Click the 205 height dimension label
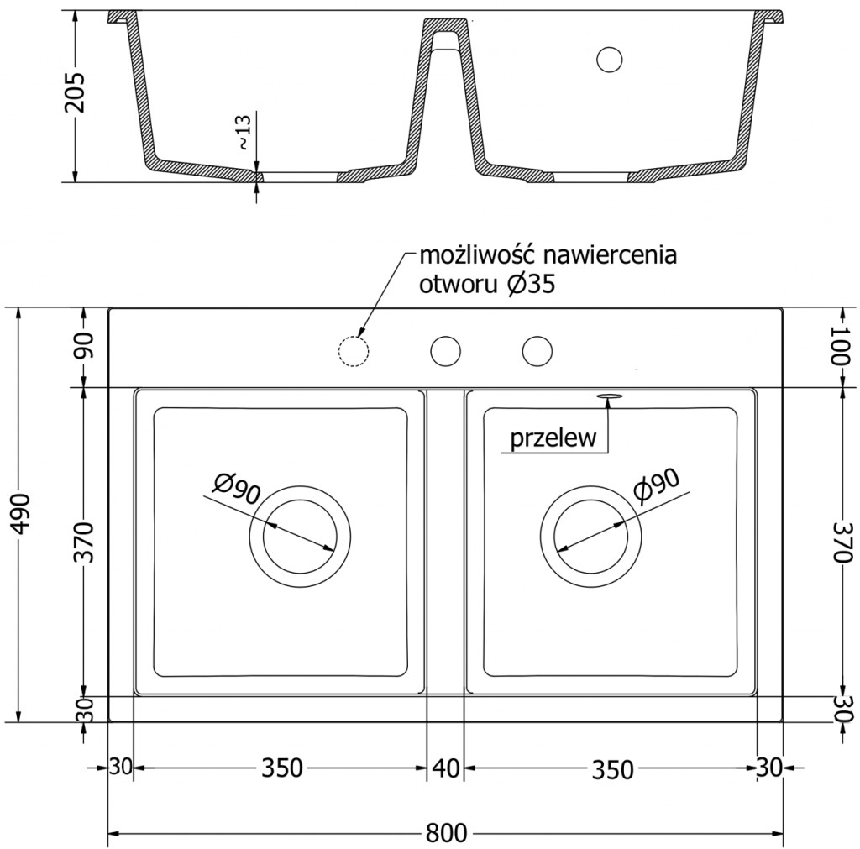(x=75, y=92)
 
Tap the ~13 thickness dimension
(x=243, y=132)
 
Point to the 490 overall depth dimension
(x=20, y=515)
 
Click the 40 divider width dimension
(x=445, y=768)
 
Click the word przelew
(x=553, y=438)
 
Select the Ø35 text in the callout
(x=532, y=286)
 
